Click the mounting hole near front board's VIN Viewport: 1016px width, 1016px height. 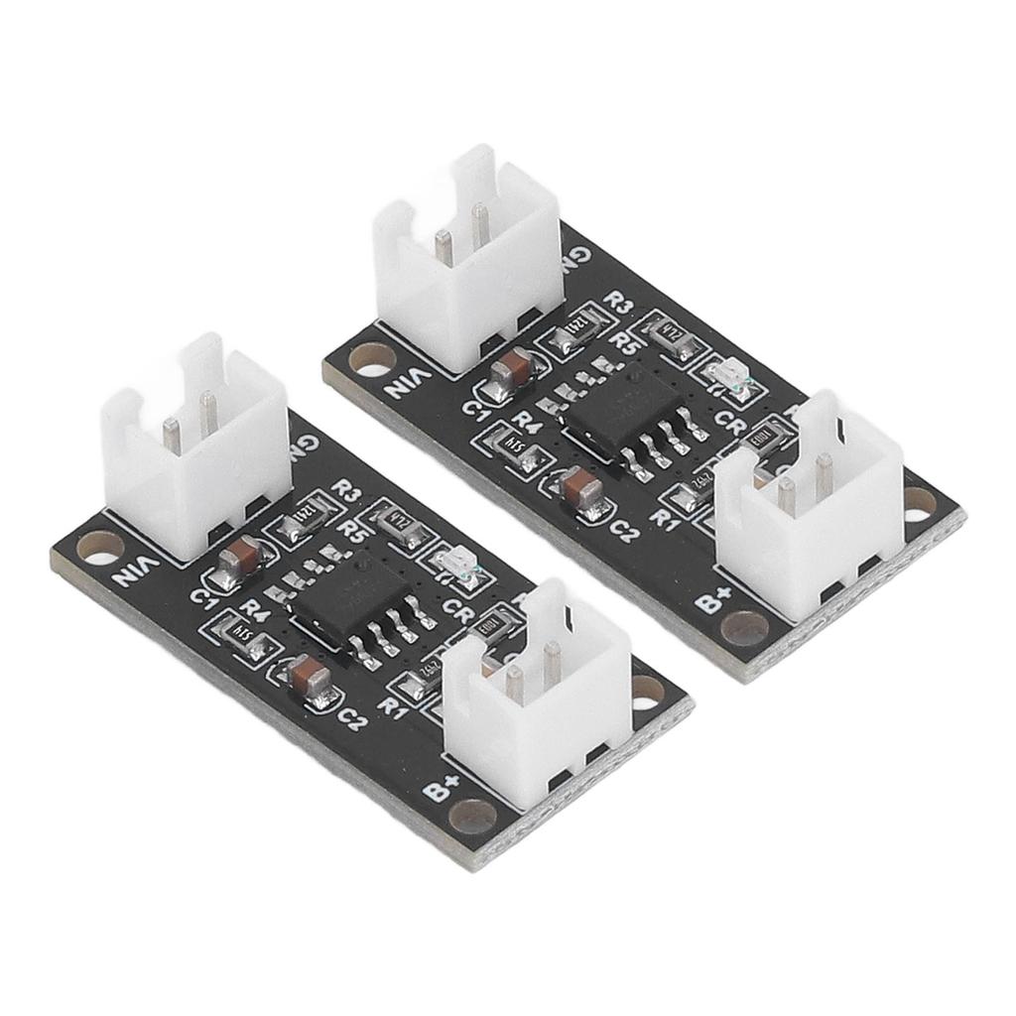click(99, 545)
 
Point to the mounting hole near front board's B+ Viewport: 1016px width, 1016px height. click(472, 816)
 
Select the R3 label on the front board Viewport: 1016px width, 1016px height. click(347, 489)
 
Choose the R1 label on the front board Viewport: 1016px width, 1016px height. click(395, 706)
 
